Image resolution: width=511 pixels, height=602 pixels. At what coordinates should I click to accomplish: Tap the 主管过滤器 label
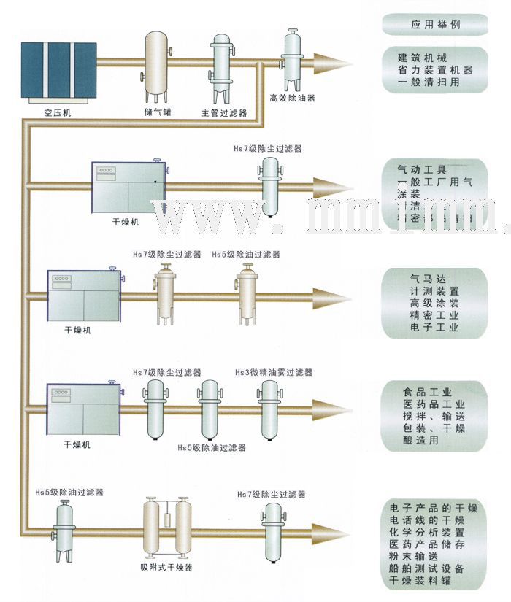coord(224,113)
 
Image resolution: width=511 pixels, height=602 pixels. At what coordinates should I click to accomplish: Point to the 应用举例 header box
coord(436,24)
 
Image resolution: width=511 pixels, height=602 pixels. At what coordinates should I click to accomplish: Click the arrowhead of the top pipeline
coord(342,64)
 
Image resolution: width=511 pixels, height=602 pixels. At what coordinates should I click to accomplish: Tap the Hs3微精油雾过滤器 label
coord(274,372)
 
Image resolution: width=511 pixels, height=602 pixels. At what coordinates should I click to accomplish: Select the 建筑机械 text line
coord(423,58)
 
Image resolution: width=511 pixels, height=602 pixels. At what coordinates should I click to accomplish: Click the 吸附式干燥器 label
coord(166,568)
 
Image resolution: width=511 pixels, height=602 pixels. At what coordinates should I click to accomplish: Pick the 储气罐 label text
coord(156,112)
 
